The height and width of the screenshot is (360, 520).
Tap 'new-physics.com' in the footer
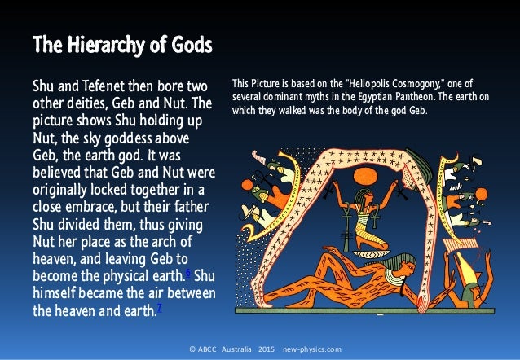312,349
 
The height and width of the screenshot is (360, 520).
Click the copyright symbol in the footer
191,349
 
